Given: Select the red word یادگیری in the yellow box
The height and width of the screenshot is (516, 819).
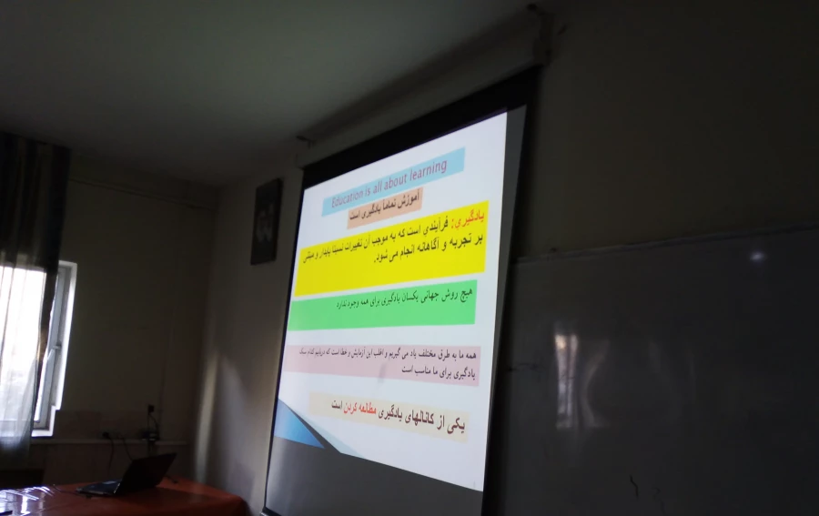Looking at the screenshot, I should click(x=470, y=218).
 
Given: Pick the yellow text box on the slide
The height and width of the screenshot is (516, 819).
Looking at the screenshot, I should click(x=389, y=248).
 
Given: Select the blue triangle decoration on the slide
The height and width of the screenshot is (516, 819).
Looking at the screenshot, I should click(x=296, y=426).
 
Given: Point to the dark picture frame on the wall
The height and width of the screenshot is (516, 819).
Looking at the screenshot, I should click(x=266, y=221).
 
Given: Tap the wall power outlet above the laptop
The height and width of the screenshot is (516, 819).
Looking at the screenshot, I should click(x=151, y=417).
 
